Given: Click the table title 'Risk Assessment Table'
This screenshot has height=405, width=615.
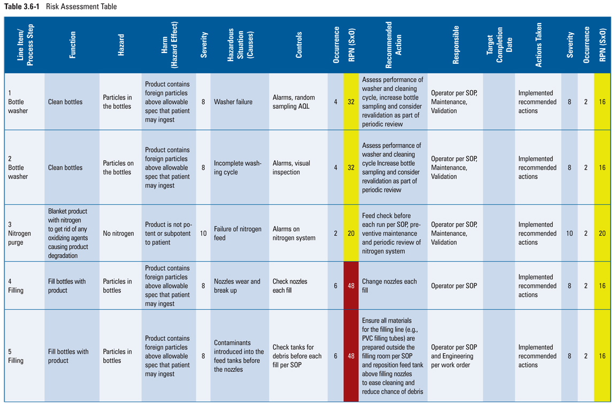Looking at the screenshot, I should pyautogui.click(x=81, y=7).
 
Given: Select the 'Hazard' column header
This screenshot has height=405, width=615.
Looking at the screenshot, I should pyautogui.click(x=121, y=45).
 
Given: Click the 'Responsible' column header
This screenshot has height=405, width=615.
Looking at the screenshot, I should pyautogui.click(x=456, y=45).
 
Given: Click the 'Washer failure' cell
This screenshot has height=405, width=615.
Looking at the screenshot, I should pyautogui.click(x=233, y=102).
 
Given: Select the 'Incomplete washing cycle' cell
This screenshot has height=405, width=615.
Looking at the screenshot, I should pyautogui.click(x=237, y=167).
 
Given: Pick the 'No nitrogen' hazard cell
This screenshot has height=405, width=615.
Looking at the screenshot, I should pyautogui.click(x=118, y=233).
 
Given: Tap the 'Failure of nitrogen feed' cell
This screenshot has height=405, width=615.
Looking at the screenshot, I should pyautogui.click(x=237, y=233).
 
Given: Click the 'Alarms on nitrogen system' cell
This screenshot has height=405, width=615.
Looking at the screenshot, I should pyautogui.click(x=294, y=233).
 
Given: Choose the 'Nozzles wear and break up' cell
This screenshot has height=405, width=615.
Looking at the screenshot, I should pyautogui.click(x=237, y=286).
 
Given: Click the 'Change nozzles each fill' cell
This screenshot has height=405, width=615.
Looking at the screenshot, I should pyautogui.click(x=389, y=286).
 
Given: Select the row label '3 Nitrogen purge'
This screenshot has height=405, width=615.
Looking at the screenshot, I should pyautogui.click(x=19, y=233).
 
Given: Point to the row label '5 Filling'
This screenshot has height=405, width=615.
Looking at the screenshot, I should pyautogui.click(x=16, y=356).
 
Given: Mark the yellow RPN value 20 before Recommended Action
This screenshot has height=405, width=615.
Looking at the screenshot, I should pyautogui.click(x=351, y=233).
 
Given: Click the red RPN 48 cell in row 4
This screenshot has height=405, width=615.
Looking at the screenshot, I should pyautogui.click(x=351, y=286).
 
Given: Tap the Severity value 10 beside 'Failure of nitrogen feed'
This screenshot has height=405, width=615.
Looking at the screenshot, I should pyautogui.click(x=203, y=233).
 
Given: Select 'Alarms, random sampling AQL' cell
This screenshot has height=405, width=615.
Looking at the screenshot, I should pyautogui.click(x=294, y=102).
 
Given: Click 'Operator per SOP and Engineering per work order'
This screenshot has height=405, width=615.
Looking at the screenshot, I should pyautogui.click(x=453, y=356).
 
